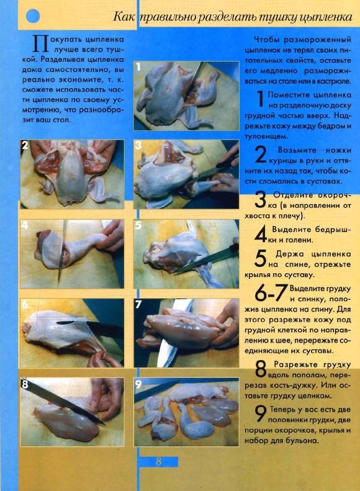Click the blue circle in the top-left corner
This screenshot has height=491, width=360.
click(32, 16)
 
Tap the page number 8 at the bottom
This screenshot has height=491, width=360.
click(159, 461)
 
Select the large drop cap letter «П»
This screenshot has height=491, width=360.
click(41, 44)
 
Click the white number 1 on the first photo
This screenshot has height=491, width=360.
click(138, 66)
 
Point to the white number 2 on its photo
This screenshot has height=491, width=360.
click(25, 145)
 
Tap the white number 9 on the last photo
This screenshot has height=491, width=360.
click(138, 384)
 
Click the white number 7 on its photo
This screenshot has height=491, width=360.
click(138, 304)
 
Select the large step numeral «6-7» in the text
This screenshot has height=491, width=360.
click(271, 293)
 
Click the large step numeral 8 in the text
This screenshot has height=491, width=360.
click(261, 369)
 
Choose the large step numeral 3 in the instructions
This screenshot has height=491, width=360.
click(261, 200)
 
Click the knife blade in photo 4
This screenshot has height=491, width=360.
click(62, 251)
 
